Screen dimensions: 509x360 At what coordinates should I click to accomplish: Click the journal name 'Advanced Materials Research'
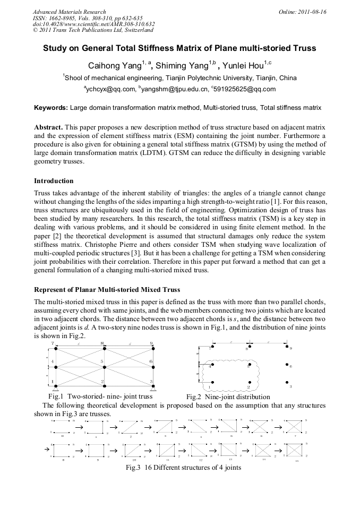click(69, 12)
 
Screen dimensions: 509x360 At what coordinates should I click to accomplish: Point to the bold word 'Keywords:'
click(50, 108)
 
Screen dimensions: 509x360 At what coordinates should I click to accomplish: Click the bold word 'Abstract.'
click(48, 128)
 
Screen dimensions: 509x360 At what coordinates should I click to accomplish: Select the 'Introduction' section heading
click(54, 181)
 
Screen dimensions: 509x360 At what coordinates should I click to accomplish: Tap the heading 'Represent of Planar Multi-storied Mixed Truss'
click(106, 290)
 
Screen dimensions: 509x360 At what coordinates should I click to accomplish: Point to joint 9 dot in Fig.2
click(287, 348)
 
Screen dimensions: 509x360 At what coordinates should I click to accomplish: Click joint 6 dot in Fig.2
click(287, 366)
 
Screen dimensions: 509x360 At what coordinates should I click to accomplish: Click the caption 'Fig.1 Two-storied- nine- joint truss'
click(100, 396)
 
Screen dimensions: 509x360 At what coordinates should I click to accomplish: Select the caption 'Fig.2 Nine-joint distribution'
click(228, 397)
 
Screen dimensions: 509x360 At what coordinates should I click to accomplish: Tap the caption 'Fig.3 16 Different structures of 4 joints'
click(183, 468)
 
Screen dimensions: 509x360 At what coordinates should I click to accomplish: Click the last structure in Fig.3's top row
click(294, 426)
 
